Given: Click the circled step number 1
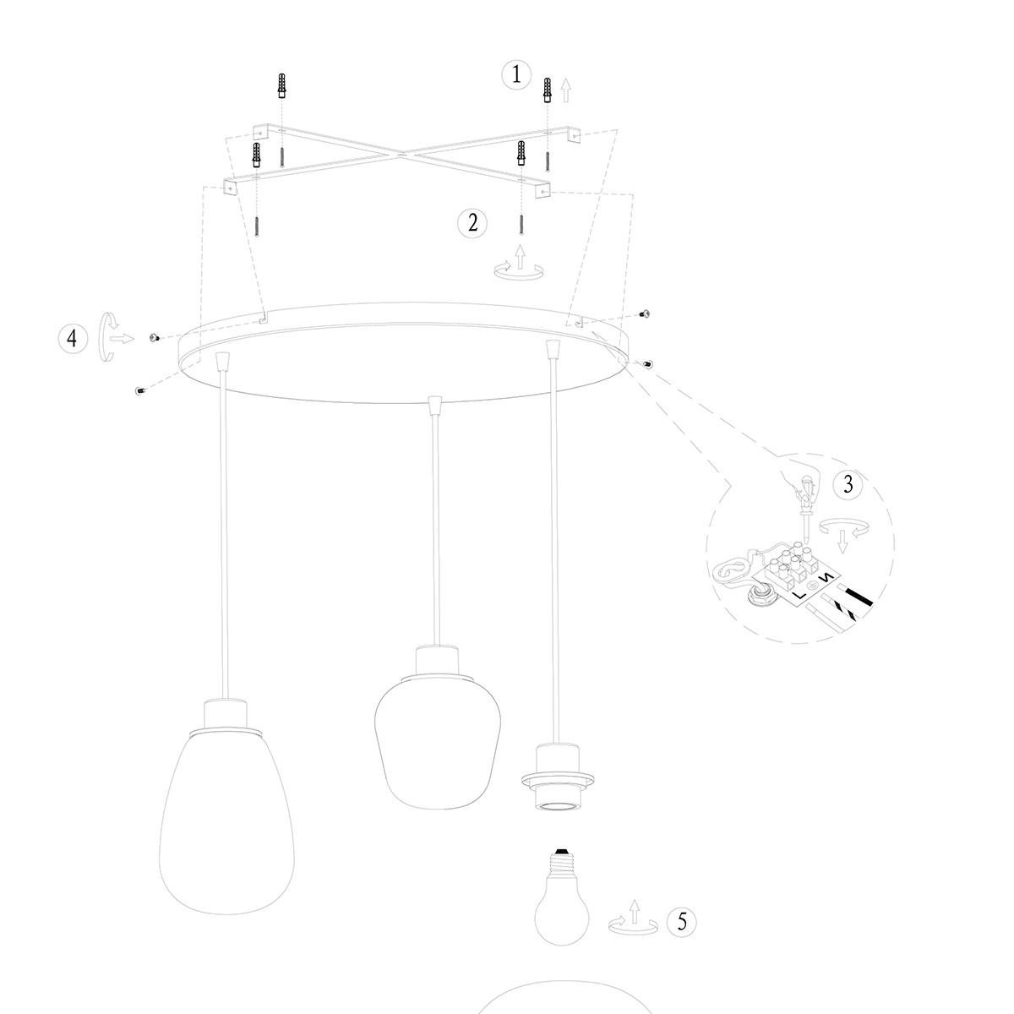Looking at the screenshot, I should (x=516, y=74).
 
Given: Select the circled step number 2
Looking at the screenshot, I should (x=472, y=223).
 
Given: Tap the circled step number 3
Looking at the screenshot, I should (x=848, y=484).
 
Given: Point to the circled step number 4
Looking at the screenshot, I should (x=73, y=338).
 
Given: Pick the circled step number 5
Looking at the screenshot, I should (x=682, y=922).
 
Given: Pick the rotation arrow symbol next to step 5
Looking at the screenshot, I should (x=632, y=921).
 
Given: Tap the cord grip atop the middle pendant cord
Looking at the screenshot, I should (x=434, y=406).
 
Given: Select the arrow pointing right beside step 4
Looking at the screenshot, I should (x=123, y=338).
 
